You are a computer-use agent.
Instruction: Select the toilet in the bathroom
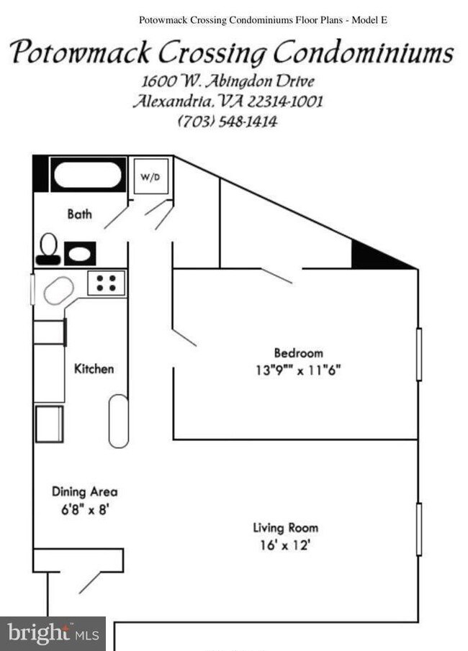(x=48, y=247)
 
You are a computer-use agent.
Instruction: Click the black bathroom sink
(x=79, y=253)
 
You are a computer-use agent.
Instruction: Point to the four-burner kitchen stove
(x=107, y=282)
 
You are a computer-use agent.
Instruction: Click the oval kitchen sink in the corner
(x=58, y=291)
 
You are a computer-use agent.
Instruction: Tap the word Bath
(x=79, y=214)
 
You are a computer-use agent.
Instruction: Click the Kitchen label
(x=94, y=368)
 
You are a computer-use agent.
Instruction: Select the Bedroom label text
(x=298, y=353)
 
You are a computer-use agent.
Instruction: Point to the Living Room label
(x=285, y=528)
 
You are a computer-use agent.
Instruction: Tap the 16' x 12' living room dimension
(x=284, y=545)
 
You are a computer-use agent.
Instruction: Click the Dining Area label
(x=84, y=492)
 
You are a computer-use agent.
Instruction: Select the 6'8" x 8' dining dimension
(x=84, y=510)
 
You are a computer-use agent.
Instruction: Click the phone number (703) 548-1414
(x=228, y=121)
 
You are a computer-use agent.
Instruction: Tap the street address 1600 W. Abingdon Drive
(x=228, y=80)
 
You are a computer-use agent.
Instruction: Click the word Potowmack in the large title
(x=81, y=53)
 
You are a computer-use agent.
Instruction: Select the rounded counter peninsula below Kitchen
(x=118, y=421)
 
